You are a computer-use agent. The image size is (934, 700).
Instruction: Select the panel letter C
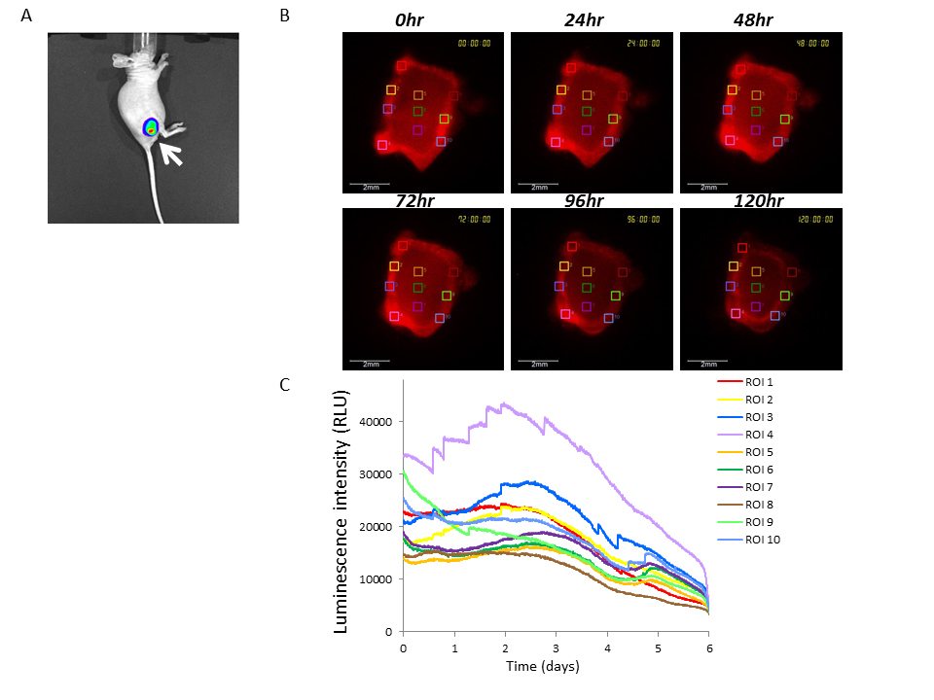click(x=284, y=385)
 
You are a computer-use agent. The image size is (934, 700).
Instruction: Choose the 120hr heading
click(x=760, y=200)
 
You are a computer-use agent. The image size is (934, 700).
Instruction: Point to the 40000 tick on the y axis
click(x=377, y=422)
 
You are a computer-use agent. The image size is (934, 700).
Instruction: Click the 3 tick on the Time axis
click(x=556, y=647)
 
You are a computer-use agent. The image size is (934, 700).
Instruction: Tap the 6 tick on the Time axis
click(x=708, y=647)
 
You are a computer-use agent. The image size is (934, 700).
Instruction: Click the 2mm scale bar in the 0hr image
click(x=371, y=183)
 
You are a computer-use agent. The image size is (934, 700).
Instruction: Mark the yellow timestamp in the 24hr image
click(x=643, y=43)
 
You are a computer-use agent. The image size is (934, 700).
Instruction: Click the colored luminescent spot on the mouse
click(x=151, y=126)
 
